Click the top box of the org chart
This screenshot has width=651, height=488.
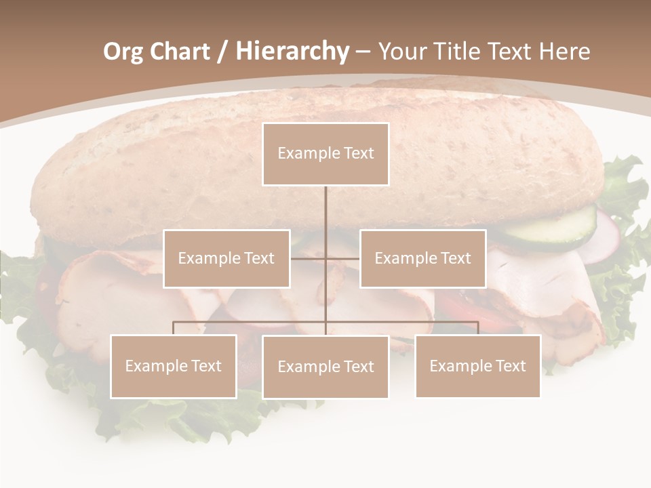[x=325, y=154]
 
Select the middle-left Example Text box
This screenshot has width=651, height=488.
[x=226, y=258]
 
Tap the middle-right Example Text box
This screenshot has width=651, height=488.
[x=422, y=258]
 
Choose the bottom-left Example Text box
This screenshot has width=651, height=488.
[x=174, y=366]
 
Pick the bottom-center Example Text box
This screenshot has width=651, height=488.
[x=325, y=367]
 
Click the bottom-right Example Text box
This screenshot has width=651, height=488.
[x=477, y=366]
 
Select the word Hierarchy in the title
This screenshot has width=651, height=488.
[x=292, y=52]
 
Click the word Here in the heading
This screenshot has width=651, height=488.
[x=564, y=52]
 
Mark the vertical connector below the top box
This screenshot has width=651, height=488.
[x=325, y=210]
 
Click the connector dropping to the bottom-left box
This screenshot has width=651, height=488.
[x=174, y=328]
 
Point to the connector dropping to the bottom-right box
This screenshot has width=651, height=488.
[x=477, y=328]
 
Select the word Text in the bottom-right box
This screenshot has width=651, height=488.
[x=510, y=366]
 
